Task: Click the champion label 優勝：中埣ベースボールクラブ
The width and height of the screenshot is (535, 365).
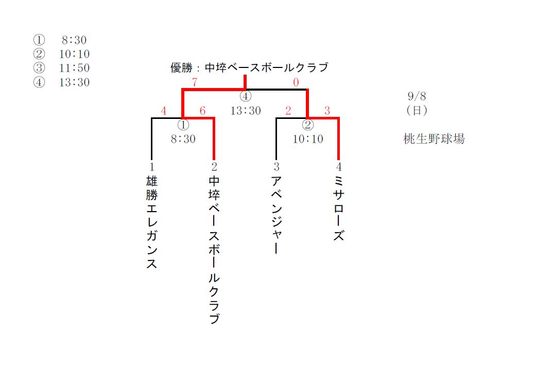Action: click(249, 67)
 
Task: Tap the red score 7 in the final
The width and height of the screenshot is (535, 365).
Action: click(195, 82)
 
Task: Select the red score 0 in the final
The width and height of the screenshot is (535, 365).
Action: click(296, 82)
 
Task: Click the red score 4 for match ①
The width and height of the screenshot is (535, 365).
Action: click(164, 111)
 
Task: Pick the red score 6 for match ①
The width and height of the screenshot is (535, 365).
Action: click(202, 111)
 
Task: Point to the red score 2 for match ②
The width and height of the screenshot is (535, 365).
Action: click(288, 111)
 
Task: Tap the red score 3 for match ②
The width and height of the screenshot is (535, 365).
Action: click(326, 111)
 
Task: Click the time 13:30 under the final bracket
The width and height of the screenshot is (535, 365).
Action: click(246, 111)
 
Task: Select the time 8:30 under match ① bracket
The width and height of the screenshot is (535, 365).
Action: click(183, 139)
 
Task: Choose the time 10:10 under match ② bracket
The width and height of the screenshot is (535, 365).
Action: click(308, 139)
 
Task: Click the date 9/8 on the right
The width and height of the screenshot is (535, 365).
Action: click(416, 96)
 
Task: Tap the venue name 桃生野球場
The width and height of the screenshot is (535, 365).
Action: click(434, 139)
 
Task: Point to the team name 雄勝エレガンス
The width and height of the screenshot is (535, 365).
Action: click(151, 223)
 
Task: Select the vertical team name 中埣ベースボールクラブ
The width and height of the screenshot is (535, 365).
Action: click(214, 250)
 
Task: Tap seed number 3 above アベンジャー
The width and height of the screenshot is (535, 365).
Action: click(277, 167)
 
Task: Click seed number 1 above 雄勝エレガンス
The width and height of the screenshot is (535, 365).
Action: click(151, 167)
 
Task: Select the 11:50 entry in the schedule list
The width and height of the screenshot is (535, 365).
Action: click(74, 68)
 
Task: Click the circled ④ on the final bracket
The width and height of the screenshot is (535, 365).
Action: click(246, 96)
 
